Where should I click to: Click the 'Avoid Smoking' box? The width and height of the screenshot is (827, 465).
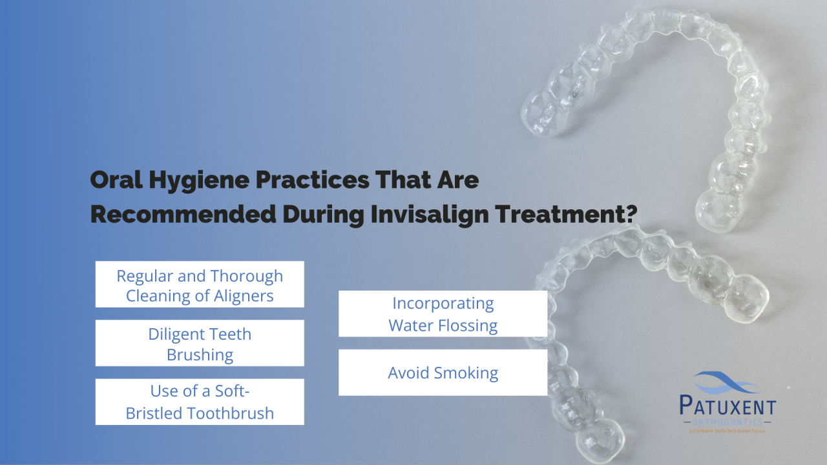click(443, 373)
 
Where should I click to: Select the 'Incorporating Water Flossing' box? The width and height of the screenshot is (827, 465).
click(443, 314)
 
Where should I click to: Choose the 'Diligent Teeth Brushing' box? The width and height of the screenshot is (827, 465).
click(200, 343)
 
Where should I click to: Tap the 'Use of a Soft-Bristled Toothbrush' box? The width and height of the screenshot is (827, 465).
click(200, 402)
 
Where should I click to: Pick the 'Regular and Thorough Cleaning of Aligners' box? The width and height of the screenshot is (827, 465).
click(200, 284)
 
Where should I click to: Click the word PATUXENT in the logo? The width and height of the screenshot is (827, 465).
click(728, 407)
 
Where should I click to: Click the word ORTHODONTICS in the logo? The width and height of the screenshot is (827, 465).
click(728, 422)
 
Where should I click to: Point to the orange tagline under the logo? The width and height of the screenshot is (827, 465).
click(728, 430)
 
